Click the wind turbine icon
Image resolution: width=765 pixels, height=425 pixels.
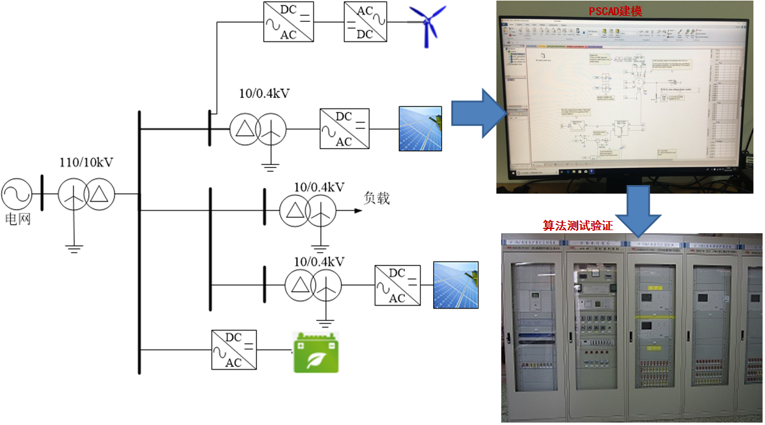429,25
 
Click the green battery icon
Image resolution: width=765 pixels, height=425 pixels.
316,353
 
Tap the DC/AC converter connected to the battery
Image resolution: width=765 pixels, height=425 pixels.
234,349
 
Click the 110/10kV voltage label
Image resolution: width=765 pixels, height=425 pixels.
86,163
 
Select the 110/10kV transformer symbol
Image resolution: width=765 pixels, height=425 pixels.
86,195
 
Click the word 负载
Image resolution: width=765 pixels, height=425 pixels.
376,198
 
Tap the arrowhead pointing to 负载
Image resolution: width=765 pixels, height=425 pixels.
357,211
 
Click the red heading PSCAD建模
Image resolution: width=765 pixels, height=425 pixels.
615,12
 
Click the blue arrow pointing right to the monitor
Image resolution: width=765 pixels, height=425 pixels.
476,113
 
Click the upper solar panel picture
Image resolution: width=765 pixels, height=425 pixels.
420,128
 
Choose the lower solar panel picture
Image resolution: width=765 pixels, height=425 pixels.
455,284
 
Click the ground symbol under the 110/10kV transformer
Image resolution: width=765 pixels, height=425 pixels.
74,247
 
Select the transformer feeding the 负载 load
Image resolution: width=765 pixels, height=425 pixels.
308,211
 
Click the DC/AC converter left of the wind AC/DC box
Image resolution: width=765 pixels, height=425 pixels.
289,21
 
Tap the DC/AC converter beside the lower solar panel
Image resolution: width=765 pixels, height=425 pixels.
397,284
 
